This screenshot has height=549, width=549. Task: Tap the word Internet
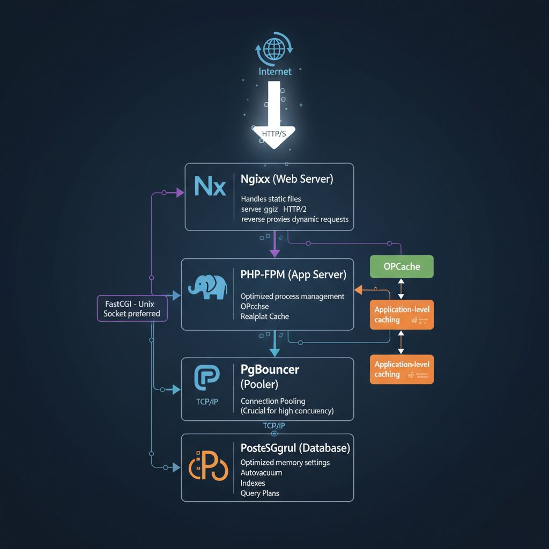coord(274,71)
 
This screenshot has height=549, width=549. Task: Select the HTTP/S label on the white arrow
coord(274,133)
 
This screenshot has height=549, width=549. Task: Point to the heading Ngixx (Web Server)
coord(287,179)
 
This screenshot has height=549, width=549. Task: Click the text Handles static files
coord(271,199)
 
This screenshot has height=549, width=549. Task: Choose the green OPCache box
coord(402,266)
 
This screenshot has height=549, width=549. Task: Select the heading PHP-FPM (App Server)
coord(293,275)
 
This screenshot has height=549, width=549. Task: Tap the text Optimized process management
coord(292,296)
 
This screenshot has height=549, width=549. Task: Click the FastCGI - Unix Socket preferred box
coord(132,309)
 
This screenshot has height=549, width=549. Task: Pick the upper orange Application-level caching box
coord(402,315)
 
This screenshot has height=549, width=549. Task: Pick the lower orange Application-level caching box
coord(402,369)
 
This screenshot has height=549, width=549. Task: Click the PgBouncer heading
coord(270,369)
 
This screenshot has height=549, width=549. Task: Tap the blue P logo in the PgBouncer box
coord(206,379)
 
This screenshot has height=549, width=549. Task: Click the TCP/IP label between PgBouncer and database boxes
coord(274,425)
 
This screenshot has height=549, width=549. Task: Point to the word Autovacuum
coord(261,473)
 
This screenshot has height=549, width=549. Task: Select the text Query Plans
coord(259,493)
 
